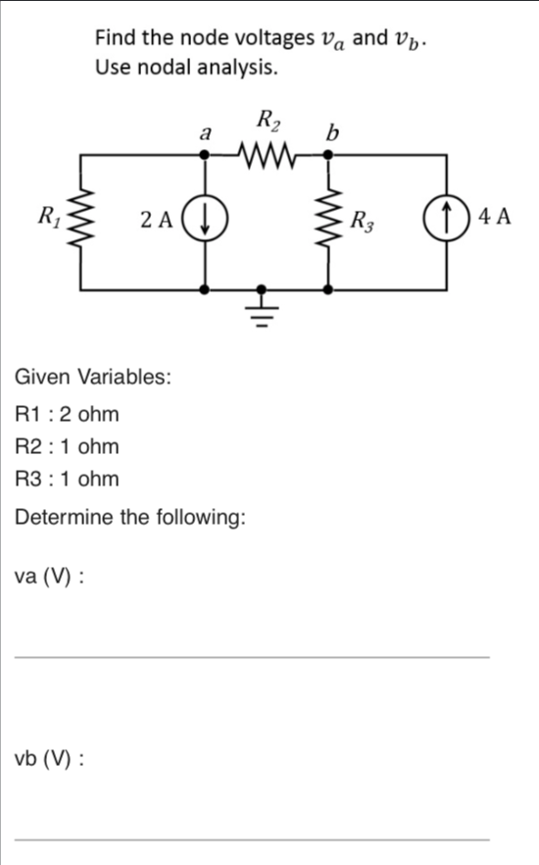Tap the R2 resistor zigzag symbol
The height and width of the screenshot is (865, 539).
265,154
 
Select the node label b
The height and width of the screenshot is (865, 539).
332,132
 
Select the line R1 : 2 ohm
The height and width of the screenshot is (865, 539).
68,414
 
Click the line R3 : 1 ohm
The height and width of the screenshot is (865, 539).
68,479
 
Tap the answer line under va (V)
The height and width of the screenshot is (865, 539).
251,655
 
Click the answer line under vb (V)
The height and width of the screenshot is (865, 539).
251,838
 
